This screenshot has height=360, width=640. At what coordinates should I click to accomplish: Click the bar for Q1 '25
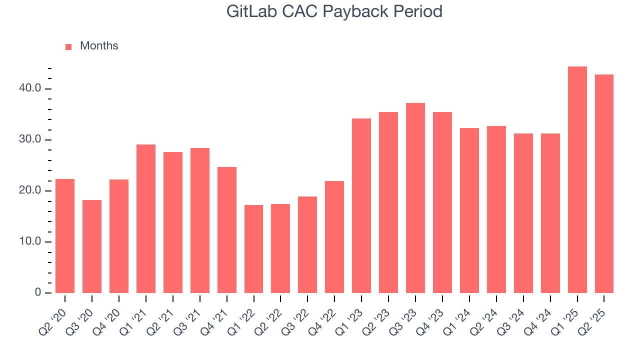(x=577, y=180)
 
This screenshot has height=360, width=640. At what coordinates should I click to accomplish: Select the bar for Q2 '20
(x=65, y=236)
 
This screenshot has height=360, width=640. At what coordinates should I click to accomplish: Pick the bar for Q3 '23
(x=415, y=198)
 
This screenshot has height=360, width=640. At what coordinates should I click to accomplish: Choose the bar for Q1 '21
(x=146, y=219)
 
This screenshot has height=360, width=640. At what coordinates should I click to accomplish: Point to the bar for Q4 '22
(x=334, y=237)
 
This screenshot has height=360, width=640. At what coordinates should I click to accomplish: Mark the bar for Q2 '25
(x=604, y=184)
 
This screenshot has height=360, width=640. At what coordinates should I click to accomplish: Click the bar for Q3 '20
(x=92, y=246)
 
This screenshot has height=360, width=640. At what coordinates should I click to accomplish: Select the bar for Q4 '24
(x=550, y=213)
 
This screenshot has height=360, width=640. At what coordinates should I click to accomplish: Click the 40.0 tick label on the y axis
(x=30, y=88)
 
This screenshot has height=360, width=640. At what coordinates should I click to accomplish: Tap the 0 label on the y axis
(x=38, y=293)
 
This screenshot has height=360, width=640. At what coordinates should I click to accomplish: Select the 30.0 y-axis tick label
(x=30, y=139)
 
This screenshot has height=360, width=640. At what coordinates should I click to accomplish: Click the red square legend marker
(x=68, y=47)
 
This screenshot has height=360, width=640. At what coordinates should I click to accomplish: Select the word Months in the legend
(x=99, y=46)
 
